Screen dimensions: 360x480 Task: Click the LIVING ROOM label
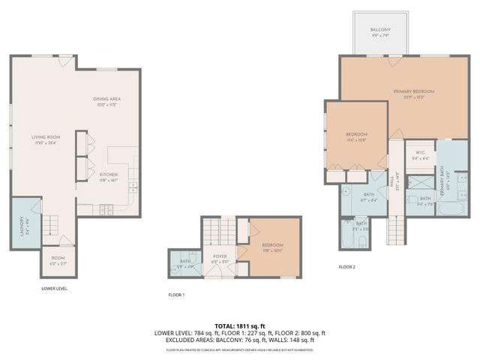coord(45,137)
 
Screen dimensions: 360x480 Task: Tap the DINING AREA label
coord(107,99)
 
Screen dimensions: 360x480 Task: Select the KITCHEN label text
coord(109,174)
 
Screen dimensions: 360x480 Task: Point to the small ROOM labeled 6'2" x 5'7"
coord(58,258)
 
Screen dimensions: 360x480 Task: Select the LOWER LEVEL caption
coord(55,288)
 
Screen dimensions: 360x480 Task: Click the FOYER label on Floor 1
coord(220,256)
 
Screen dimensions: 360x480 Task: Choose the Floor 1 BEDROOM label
coord(273,245)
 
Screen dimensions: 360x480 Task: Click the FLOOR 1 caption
coord(176,295)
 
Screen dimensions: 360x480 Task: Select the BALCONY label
coord(380,30)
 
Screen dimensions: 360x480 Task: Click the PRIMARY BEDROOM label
coord(414,91)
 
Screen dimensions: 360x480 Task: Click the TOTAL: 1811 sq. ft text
coord(239,326)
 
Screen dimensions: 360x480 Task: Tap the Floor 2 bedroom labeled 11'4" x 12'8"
coord(356,136)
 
